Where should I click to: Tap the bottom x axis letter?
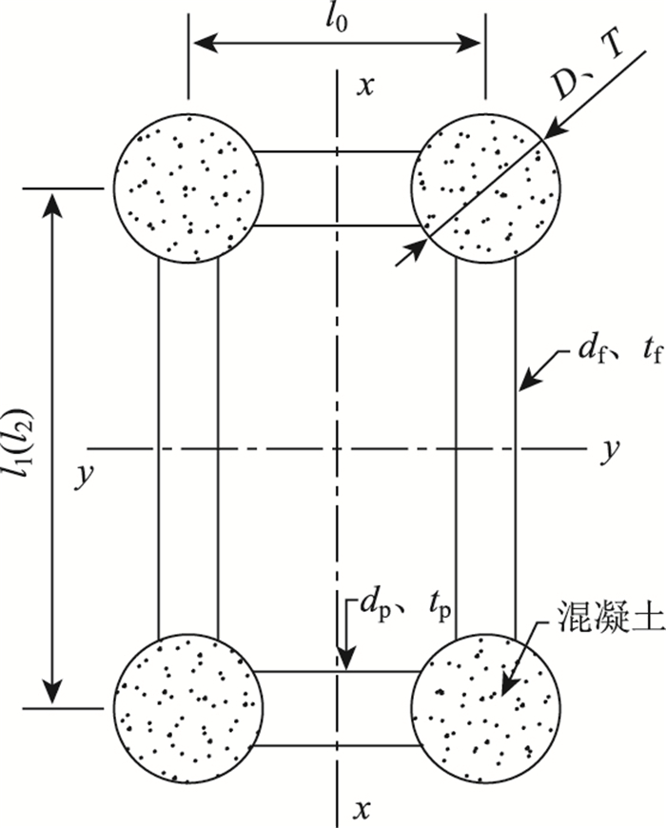[362, 809]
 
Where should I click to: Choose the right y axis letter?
[605, 447]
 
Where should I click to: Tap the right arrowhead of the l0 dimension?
[474, 42]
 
